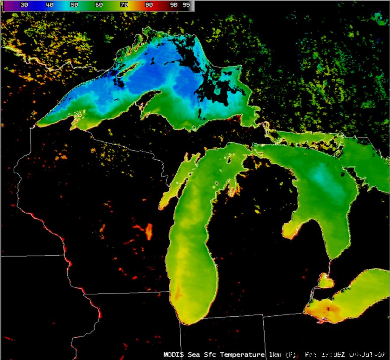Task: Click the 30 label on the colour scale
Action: point(24,5)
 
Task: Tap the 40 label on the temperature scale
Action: point(49,5)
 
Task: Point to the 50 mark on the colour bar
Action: point(74,5)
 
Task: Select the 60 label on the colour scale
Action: point(99,5)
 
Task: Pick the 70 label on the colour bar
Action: point(124,5)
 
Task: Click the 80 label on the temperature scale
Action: point(149,5)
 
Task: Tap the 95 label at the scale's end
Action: point(186,5)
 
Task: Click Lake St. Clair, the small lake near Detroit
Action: point(325,282)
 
